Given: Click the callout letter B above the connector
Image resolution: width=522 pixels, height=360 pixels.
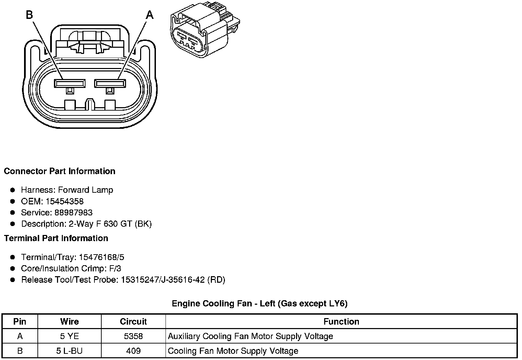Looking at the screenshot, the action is (x=30, y=15).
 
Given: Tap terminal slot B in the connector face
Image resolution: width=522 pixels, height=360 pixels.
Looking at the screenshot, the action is (x=70, y=83).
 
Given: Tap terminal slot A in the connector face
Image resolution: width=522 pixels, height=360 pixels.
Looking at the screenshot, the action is (x=110, y=83).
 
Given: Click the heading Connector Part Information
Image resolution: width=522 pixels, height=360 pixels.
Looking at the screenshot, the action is (x=59, y=171).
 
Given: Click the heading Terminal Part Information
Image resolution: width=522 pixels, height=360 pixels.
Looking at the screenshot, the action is (x=56, y=238).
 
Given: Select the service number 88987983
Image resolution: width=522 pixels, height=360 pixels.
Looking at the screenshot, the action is (x=73, y=213).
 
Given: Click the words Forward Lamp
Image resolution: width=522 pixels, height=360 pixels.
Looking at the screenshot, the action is (x=86, y=190).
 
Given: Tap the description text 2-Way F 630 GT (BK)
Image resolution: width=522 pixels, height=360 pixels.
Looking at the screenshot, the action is (x=110, y=224).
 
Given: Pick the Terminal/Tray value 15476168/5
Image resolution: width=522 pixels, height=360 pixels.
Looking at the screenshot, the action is (x=101, y=257).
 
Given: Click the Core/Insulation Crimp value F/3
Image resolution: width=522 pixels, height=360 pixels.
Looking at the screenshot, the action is (x=114, y=269).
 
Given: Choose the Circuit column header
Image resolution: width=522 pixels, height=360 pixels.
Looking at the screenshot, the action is (x=133, y=322).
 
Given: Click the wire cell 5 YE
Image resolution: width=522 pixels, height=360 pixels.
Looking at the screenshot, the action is (x=69, y=336).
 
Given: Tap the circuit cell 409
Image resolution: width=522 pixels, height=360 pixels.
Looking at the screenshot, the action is (x=133, y=351).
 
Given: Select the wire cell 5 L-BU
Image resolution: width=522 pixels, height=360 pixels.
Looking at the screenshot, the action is (x=69, y=351).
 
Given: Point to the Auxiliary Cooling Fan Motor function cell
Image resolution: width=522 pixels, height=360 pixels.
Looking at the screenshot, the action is (x=250, y=336).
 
